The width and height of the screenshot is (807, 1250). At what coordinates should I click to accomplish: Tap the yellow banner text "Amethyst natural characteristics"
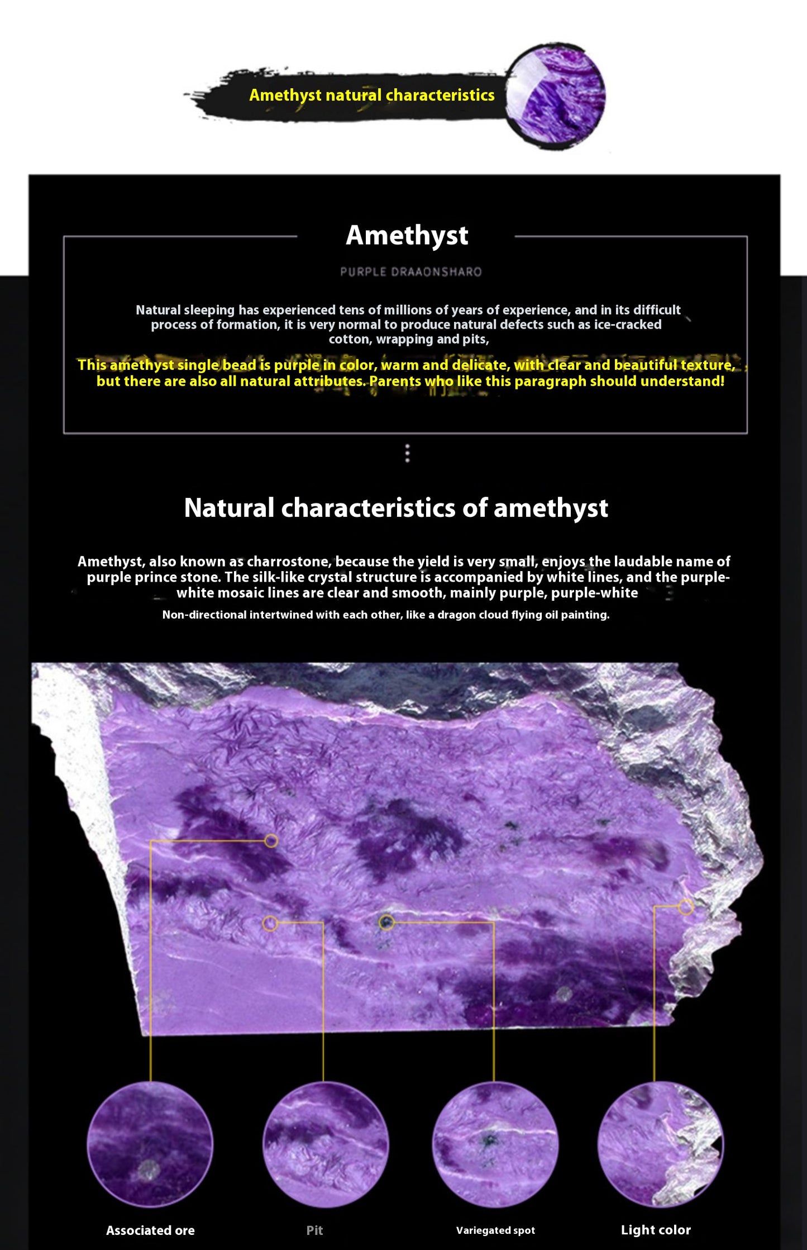pyautogui.click(x=371, y=95)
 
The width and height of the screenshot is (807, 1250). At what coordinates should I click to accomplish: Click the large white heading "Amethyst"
pyautogui.click(x=407, y=235)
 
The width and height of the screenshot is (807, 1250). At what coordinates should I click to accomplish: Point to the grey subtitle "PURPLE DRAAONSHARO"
pyautogui.click(x=410, y=272)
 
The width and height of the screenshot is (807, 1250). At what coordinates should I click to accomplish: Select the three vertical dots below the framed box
pyautogui.click(x=407, y=453)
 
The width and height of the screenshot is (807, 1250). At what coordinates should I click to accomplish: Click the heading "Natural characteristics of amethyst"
pyautogui.click(x=396, y=508)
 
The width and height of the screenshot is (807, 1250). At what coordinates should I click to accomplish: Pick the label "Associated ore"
pyautogui.click(x=150, y=1230)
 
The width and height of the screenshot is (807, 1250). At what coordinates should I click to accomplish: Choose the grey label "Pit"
pyautogui.click(x=314, y=1230)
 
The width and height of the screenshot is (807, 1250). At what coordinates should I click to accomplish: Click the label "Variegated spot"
pyautogui.click(x=495, y=1230)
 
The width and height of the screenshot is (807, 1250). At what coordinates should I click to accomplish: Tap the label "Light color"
pyautogui.click(x=656, y=1229)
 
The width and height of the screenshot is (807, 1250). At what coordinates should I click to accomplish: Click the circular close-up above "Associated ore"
pyautogui.click(x=150, y=1144)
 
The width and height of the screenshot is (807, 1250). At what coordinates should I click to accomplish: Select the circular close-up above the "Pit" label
pyautogui.click(x=326, y=1144)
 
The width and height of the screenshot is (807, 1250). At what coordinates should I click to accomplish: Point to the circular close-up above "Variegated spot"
pyautogui.click(x=495, y=1144)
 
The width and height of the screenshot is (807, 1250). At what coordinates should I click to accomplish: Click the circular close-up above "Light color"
pyautogui.click(x=660, y=1144)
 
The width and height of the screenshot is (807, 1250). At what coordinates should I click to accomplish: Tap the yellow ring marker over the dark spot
pyautogui.click(x=386, y=922)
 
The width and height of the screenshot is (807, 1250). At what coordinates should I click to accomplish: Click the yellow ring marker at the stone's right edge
pyautogui.click(x=686, y=907)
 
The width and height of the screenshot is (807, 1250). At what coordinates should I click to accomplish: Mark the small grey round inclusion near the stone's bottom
pyautogui.click(x=564, y=994)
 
